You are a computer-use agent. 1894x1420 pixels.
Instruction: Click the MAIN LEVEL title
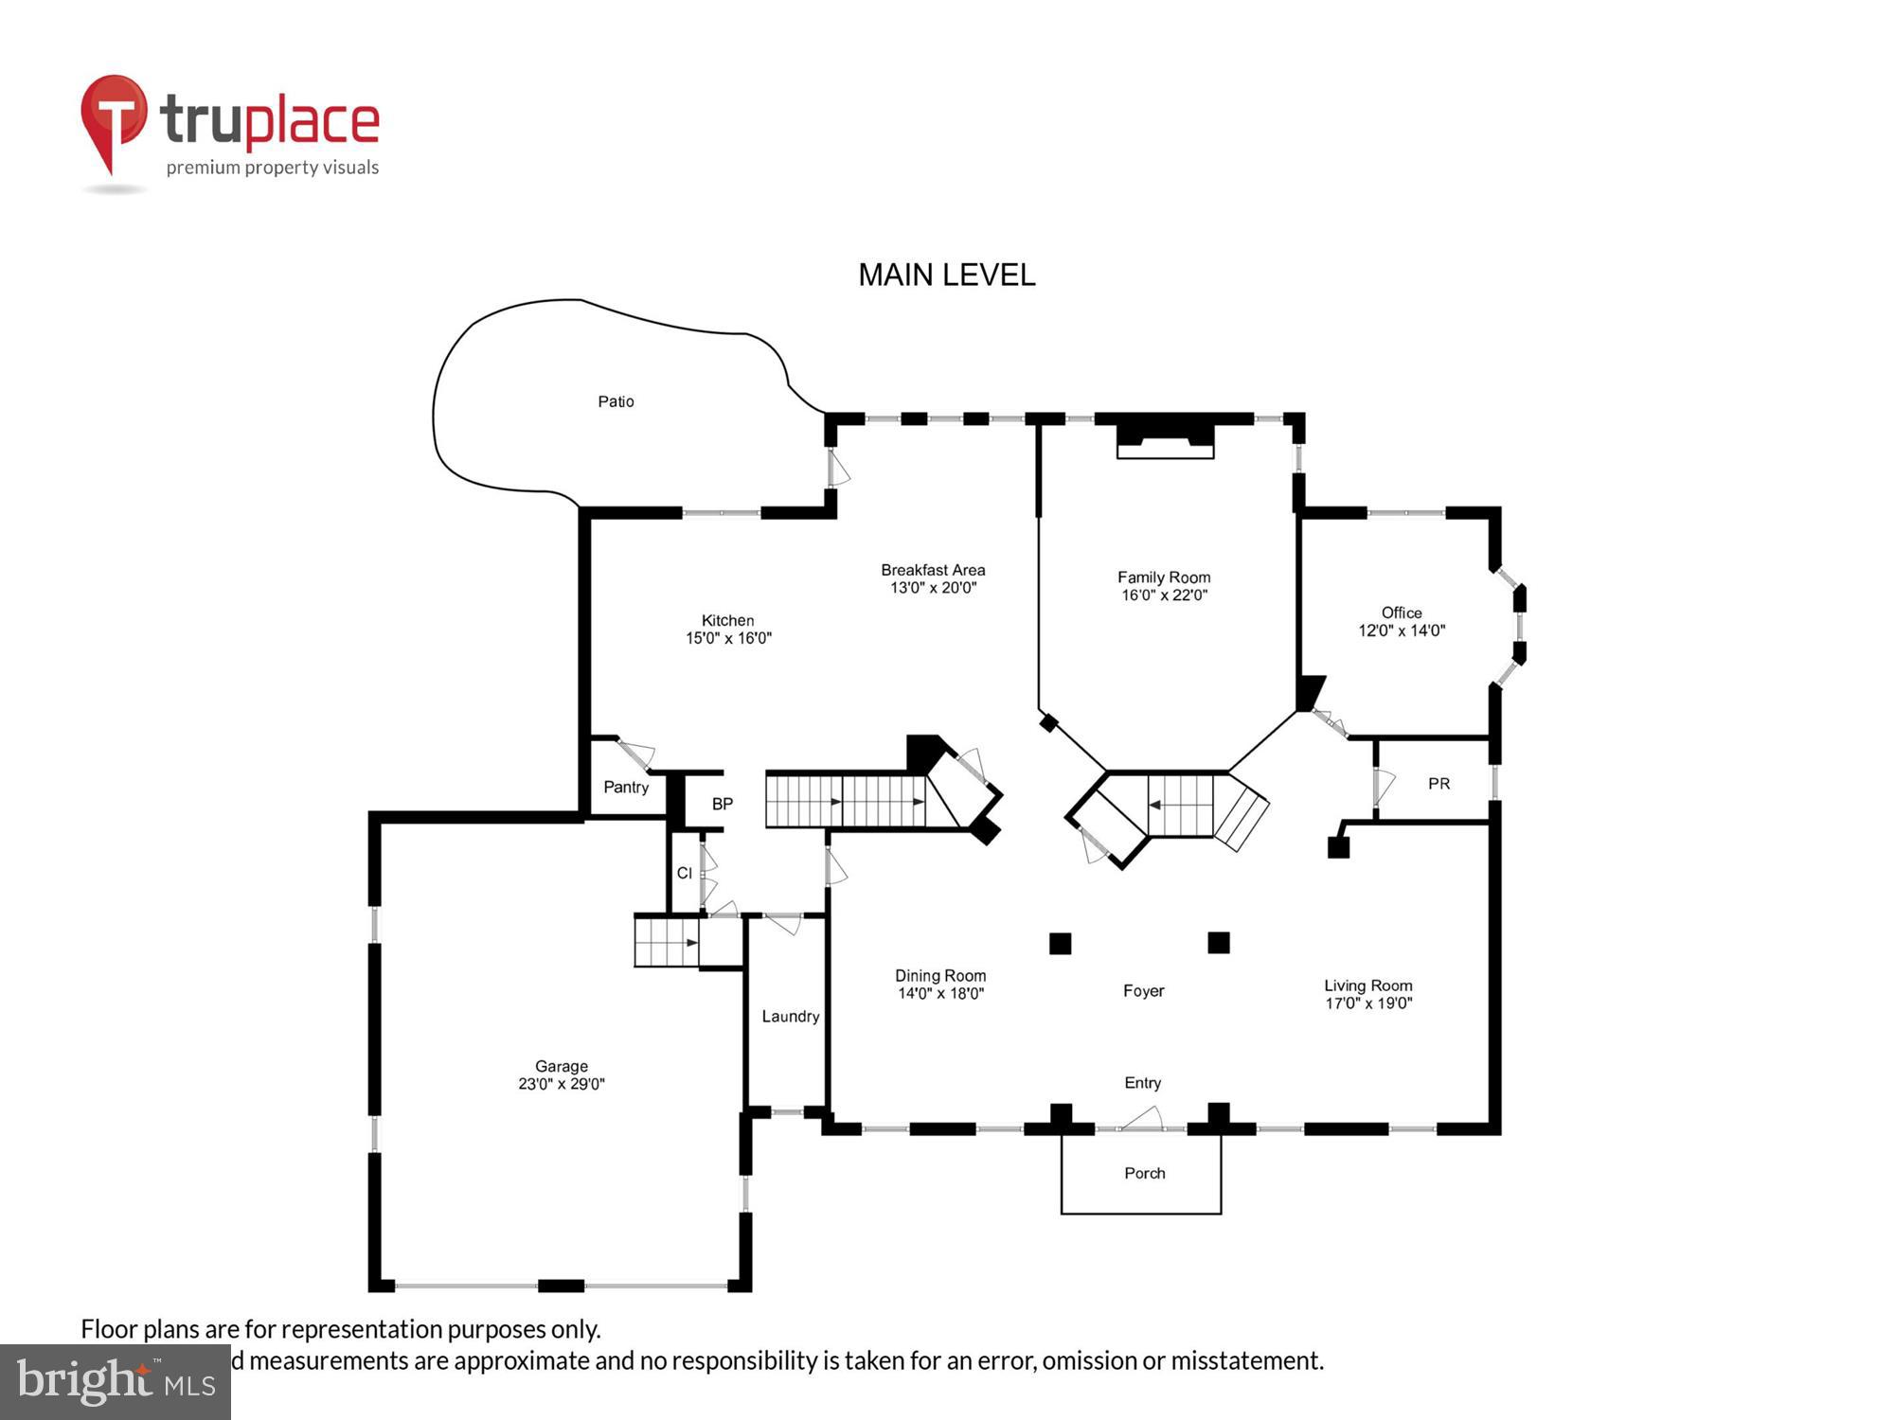[x=946, y=275]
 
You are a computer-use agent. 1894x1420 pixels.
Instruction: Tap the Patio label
[x=616, y=401]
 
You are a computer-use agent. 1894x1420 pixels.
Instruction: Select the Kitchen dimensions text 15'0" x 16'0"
[x=728, y=638]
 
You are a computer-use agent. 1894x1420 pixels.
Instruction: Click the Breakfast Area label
[x=933, y=570]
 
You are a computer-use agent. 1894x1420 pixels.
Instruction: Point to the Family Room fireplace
[x=1165, y=441]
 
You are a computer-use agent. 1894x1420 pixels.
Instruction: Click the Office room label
[x=1402, y=612]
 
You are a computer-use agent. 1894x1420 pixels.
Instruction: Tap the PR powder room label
[x=1438, y=784]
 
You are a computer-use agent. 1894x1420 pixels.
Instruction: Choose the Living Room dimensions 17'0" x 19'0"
[x=1368, y=1003]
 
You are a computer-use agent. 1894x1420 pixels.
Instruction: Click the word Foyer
[x=1143, y=991]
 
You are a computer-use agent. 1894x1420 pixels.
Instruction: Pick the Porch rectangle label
[x=1144, y=1173]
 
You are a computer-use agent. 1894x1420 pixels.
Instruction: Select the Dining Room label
[x=940, y=976]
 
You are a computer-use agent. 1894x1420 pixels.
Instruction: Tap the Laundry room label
[x=790, y=1017]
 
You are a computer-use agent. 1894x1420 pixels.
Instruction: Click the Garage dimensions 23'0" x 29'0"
[x=561, y=1084]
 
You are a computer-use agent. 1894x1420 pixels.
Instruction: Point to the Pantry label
[x=626, y=788]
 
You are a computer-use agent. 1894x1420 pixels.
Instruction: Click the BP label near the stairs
[x=723, y=804]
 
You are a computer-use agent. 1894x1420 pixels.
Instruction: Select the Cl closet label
[x=684, y=873]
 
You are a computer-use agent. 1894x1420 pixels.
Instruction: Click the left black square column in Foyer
[x=1060, y=943]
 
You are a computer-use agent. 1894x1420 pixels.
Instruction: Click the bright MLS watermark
[x=116, y=1382]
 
